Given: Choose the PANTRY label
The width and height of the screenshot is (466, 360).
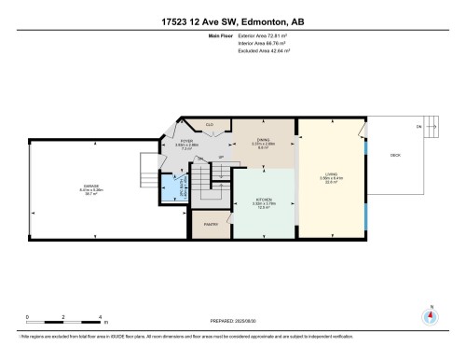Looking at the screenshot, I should pos(210,225).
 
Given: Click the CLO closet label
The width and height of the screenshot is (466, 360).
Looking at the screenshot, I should pos(210,124).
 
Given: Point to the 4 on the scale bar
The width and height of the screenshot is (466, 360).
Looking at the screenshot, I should pos(100,317).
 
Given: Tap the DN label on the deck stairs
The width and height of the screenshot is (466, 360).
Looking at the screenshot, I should pos(418,127).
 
